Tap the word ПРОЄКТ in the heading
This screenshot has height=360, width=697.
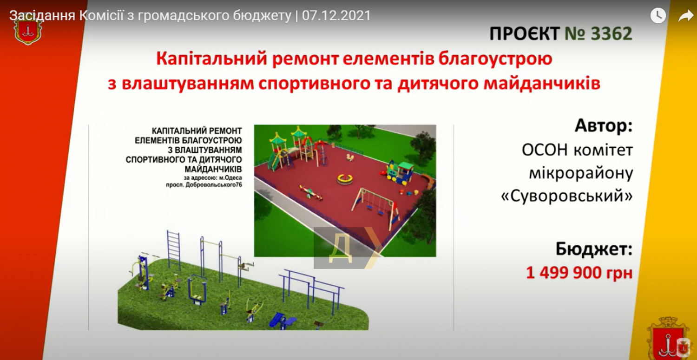tap(524, 33)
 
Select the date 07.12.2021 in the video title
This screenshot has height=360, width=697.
tap(336, 15)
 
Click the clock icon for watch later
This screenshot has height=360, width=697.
tap(658, 15)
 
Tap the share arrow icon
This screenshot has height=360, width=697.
tap(686, 15)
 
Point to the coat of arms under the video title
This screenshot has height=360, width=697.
tap(28, 31)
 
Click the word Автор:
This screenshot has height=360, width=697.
tap(604, 126)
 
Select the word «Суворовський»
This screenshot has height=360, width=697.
tap(567, 196)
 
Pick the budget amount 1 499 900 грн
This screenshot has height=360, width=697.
tap(579, 273)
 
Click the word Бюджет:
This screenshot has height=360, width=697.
tap(594, 249)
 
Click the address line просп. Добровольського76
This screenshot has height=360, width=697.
tap(204, 185)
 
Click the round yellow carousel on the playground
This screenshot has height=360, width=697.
tap(345, 179)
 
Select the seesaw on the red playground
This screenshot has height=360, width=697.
tap(310, 193)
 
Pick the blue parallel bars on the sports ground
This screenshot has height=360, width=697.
tap(311, 290)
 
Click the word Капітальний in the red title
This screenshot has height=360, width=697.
tap(211, 59)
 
